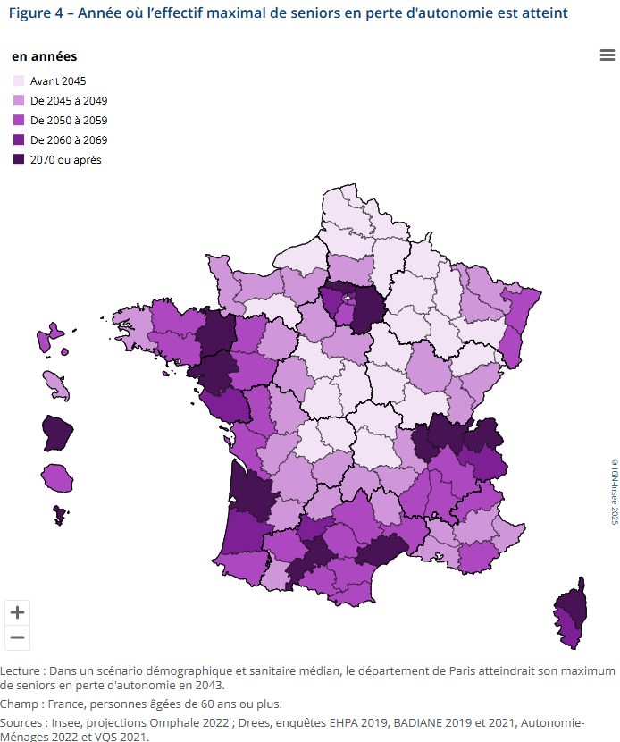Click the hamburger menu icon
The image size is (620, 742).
point(607,55)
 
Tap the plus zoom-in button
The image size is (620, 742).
point(17,613)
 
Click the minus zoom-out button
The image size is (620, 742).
point(17,637)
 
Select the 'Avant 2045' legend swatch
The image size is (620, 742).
point(19,81)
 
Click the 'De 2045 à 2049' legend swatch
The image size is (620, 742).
point(19,101)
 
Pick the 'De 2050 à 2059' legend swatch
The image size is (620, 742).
point(19,121)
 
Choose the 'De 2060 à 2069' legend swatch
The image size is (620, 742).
point(19,140)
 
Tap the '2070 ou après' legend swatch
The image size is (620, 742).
point(19,160)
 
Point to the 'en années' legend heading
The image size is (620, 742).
point(44,56)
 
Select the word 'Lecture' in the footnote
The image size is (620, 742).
point(21,670)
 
